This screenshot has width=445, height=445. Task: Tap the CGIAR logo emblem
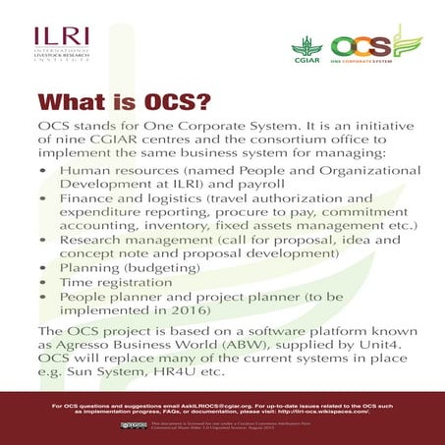(304, 46)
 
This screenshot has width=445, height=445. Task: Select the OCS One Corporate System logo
(373, 45)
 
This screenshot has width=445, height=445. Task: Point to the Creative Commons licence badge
(128, 424)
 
